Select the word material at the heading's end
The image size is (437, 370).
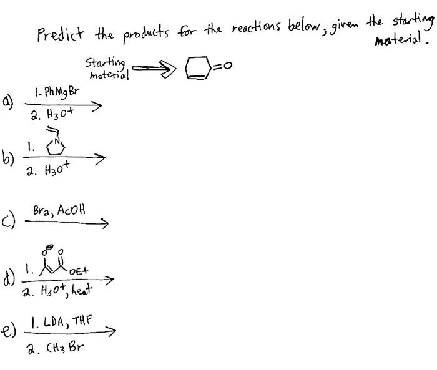click(x=402, y=43)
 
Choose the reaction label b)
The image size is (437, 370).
click(x=8, y=157)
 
